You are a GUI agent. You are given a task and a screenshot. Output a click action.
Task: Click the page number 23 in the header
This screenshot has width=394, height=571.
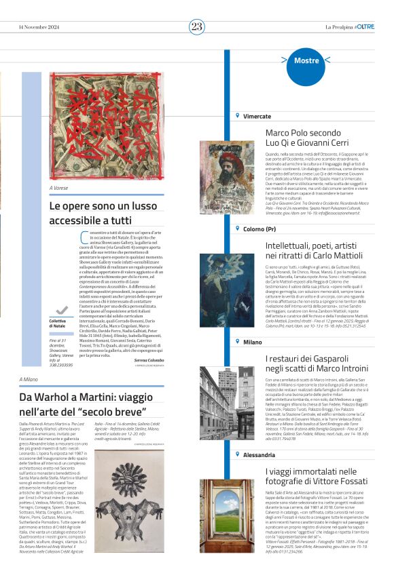[196, 26]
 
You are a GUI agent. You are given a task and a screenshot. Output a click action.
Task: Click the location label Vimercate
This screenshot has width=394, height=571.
[257, 117]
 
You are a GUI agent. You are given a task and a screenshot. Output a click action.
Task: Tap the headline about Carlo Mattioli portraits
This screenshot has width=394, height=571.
[315, 250]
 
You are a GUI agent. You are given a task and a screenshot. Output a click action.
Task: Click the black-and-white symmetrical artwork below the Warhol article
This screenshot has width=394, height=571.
[129, 501]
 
